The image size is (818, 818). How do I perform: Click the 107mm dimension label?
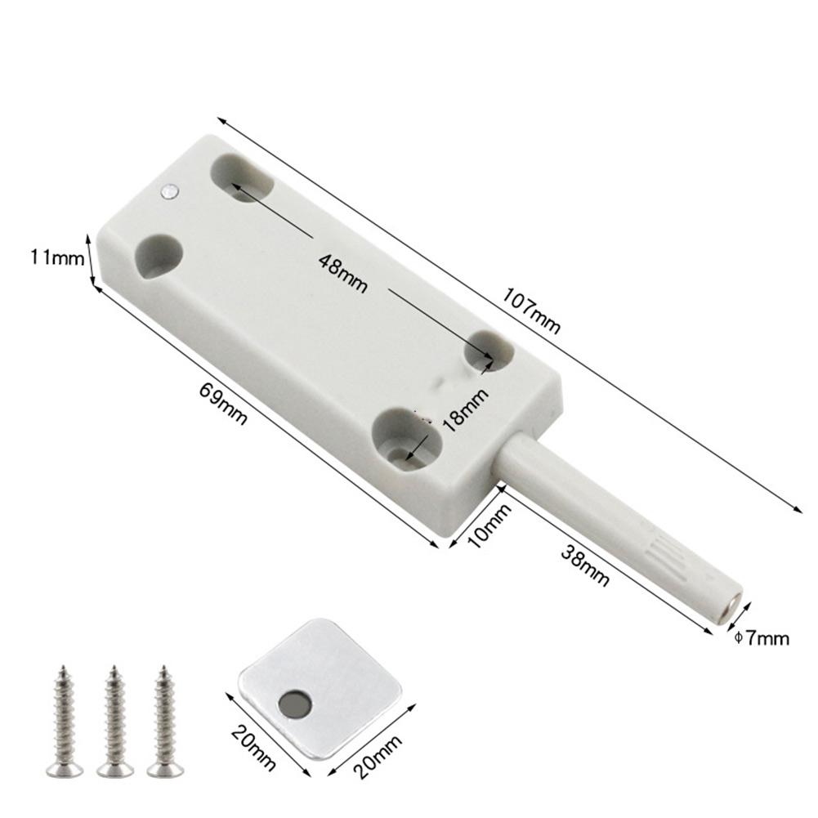[x=532, y=311]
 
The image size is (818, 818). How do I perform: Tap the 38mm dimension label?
[x=585, y=565]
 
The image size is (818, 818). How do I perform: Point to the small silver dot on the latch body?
[x=169, y=192]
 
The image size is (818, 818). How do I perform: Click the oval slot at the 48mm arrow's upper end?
[x=242, y=178]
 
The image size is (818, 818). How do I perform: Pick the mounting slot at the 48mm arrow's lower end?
[x=487, y=351]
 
